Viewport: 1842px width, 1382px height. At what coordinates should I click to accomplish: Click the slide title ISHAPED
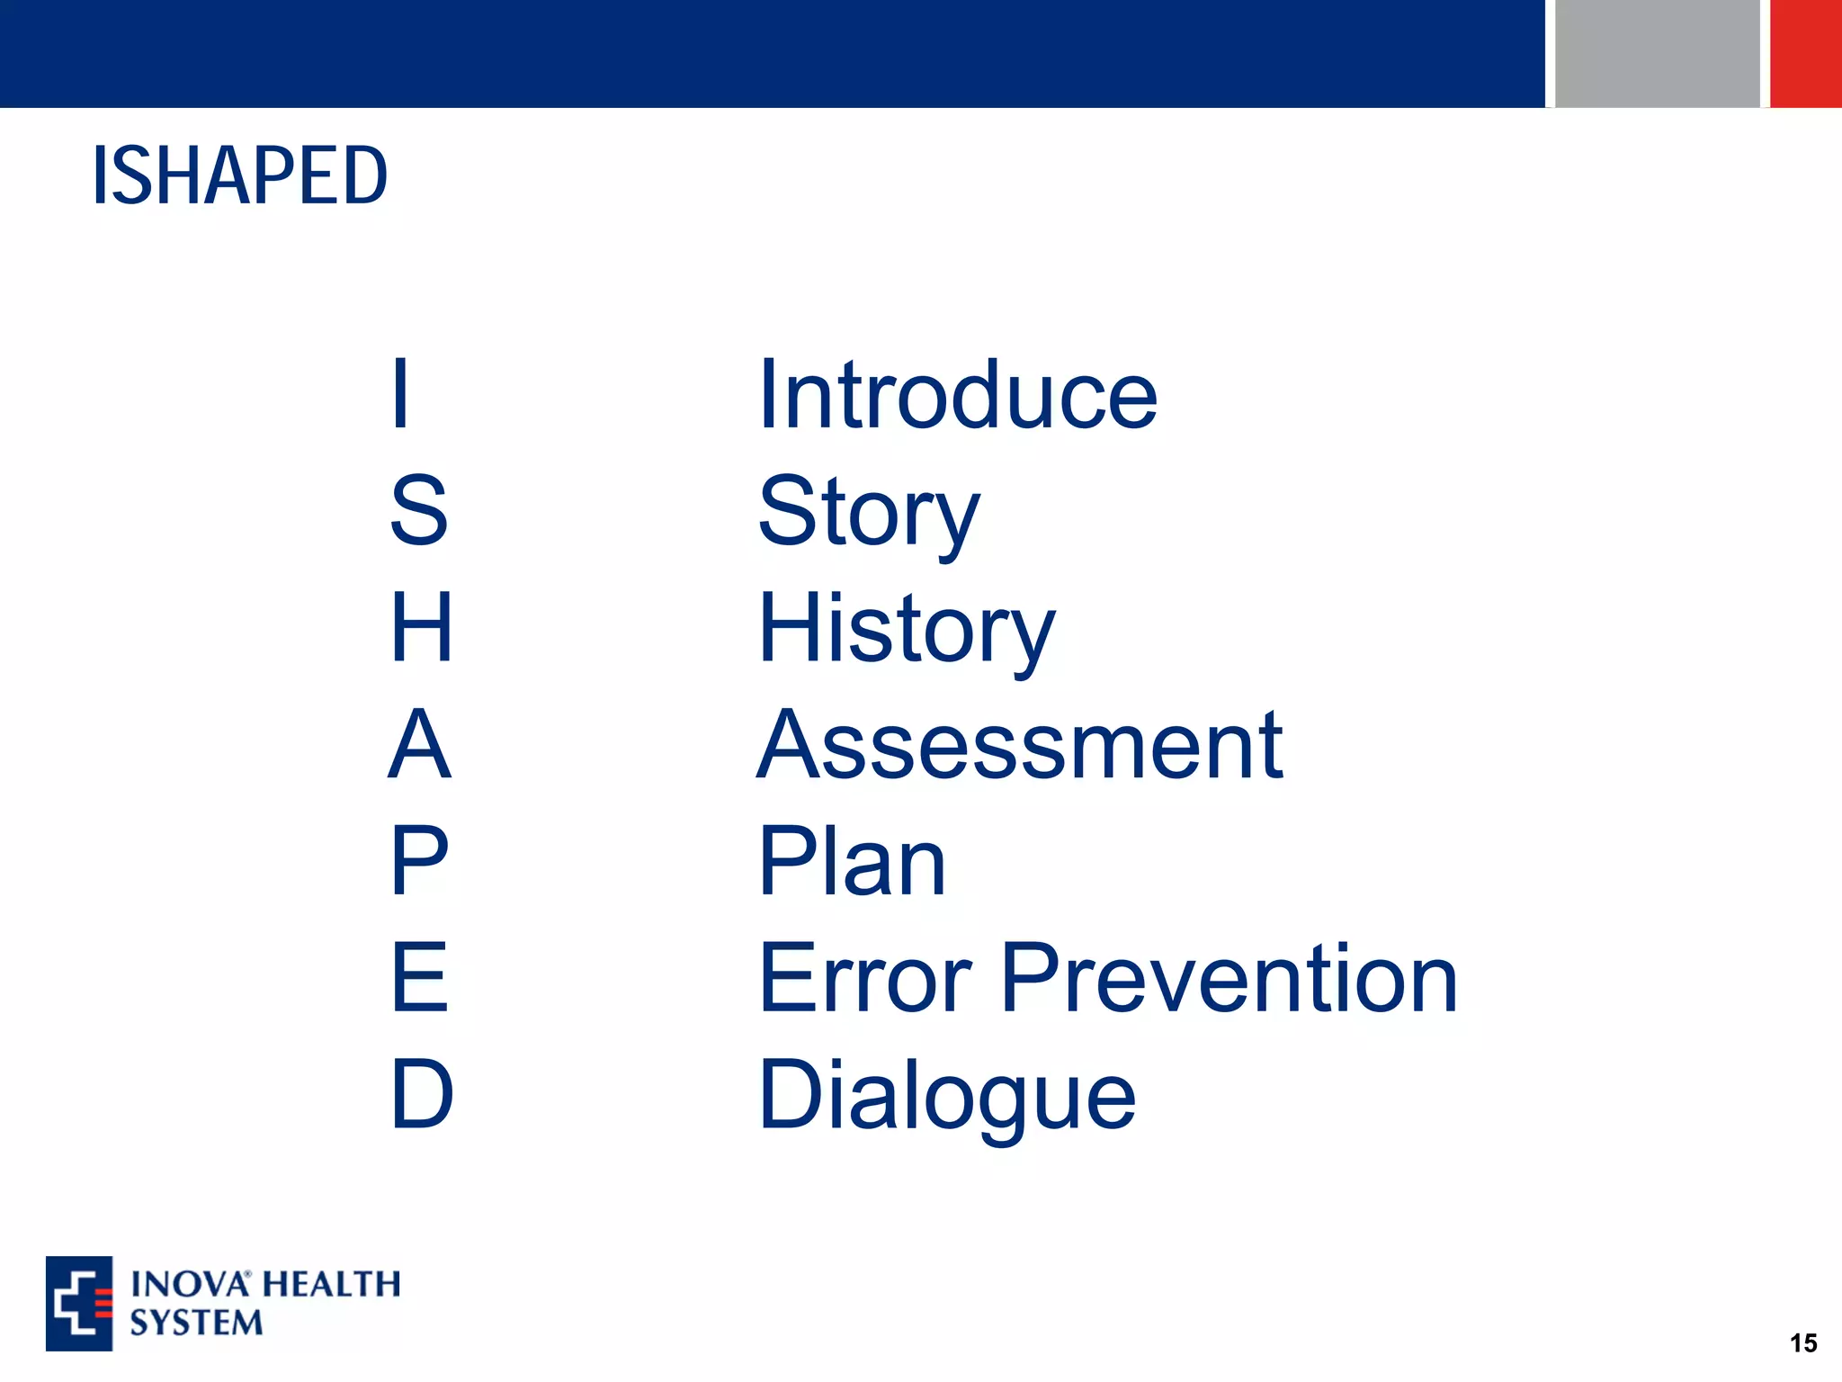[240, 175]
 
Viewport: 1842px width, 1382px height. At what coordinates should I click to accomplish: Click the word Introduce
[957, 395]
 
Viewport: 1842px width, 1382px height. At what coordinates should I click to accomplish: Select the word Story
[868, 512]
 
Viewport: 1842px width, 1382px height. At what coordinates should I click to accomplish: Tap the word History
[906, 629]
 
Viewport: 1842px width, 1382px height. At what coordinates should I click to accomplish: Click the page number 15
[1802, 1343]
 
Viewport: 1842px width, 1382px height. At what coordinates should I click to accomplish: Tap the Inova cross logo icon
[79, 1303]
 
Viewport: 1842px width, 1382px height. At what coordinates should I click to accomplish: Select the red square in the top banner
[1806, 53]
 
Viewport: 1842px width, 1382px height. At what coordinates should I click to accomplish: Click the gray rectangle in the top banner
[1657, 53]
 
